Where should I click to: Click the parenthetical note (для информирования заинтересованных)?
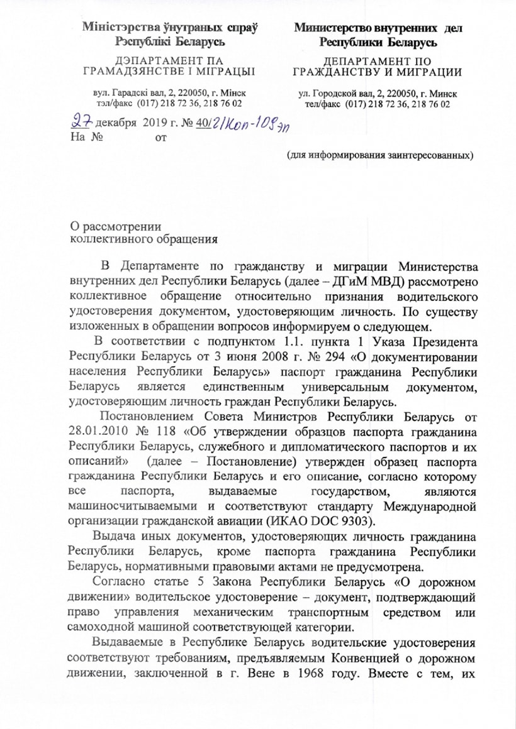[x=379, y=155]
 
